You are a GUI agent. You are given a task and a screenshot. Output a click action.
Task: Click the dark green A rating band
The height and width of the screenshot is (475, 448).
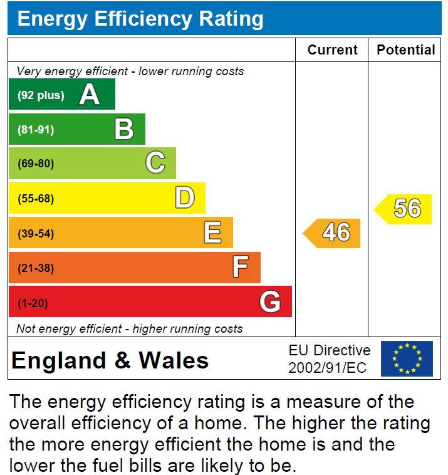point(61,95)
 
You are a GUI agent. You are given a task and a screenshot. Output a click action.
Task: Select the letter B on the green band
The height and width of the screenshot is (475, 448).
point(124,130)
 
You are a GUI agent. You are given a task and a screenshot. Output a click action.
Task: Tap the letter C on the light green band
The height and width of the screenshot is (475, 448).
point(155,164)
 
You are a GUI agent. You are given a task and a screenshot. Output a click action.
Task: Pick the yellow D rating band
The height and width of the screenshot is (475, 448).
point(107,199)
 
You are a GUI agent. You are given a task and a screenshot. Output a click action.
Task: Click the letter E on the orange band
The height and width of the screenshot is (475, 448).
point(212,234)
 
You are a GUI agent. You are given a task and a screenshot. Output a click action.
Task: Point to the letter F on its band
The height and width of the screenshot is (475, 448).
point(241,268)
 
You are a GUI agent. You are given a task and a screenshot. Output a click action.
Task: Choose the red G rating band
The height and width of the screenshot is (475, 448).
point(150,303)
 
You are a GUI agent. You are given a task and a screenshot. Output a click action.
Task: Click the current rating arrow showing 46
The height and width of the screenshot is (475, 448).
point(333,233)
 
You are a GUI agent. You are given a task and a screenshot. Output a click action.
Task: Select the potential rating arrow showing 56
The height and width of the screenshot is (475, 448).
point(404,209)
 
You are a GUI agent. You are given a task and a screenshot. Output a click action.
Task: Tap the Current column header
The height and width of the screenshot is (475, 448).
point(332,50)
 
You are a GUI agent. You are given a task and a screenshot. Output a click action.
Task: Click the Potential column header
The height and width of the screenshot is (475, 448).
point(405,50)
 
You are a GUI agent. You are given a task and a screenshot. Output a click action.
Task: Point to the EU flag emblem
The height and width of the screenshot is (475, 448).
point(407,358)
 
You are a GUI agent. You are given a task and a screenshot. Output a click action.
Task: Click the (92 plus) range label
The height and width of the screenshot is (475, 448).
point(41,95)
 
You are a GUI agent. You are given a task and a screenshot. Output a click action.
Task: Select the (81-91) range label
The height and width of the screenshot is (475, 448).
point(36,130)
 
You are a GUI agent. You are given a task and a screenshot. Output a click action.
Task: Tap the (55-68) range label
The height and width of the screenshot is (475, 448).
point(36,199)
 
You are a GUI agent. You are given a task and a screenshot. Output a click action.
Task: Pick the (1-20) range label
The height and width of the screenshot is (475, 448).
point(33,303)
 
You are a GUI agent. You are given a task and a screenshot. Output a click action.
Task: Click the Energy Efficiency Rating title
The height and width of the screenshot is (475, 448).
point(140,19)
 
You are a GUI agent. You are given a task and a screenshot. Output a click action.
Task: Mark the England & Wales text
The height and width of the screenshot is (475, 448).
point(110,360)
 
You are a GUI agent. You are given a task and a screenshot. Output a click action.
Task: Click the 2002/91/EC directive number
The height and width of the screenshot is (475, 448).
point(327,368)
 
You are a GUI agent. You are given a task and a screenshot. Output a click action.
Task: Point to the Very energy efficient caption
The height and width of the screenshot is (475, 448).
point(130,71)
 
